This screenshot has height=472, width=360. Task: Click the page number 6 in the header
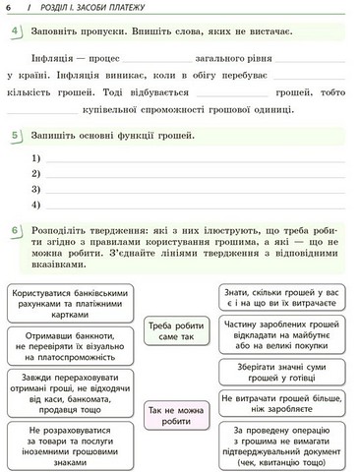click(x=8, y=9)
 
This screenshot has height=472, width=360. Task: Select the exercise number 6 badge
click(x=17, y=232)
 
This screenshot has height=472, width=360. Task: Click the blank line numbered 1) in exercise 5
click(x=197, y=158)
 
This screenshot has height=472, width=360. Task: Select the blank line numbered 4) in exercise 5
click(x=197, y=205)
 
